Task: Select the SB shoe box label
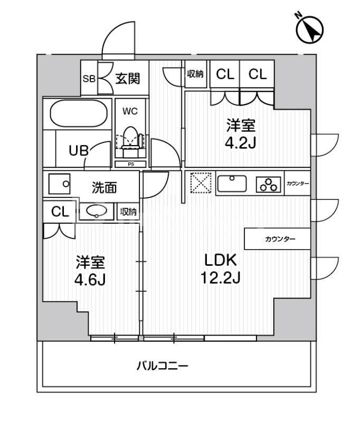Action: coord(88,79)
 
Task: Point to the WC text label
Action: coord(130,111)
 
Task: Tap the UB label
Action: coord(79,150)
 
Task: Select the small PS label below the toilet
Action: coord(130,165)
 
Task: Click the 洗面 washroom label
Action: coord(105,187)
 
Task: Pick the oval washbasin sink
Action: coord(96,212)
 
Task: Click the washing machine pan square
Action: coord(59,184)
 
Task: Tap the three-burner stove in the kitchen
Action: coord(269,184)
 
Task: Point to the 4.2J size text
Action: coord(241,143)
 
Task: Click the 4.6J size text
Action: coord(89,279)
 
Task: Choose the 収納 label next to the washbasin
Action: coord(128,212)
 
